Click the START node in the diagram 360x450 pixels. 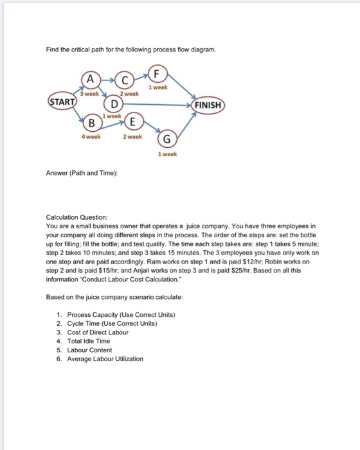62,102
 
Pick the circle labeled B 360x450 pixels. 91,122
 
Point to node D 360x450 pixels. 114,105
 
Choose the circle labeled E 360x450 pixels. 132,122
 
